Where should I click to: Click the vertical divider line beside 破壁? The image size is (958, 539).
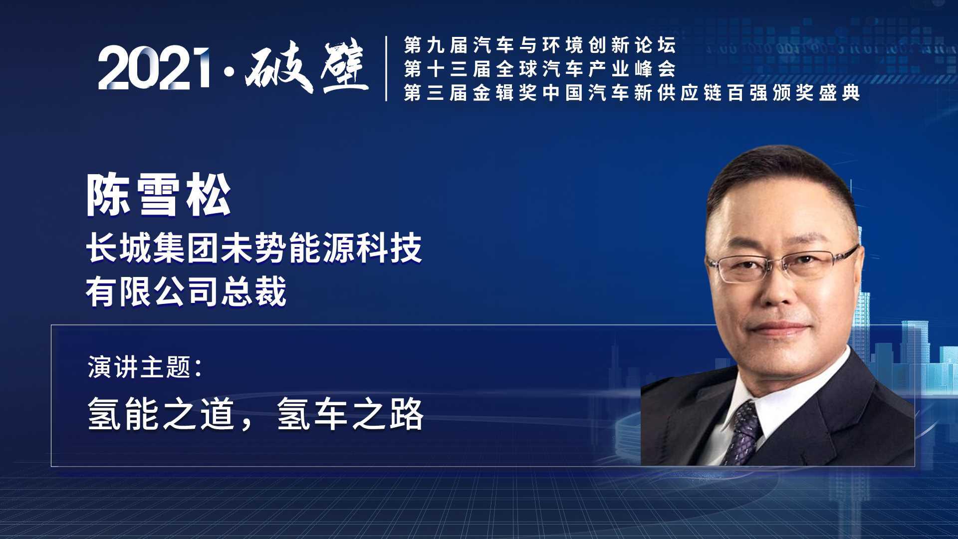tap(387, 68)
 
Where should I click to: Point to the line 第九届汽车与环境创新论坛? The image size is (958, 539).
tap(540, 45)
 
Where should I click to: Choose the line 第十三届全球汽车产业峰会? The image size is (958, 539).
tap(540, 69)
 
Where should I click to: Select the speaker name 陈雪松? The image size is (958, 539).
tap(159, 196)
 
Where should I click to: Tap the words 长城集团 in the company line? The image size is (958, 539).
tap(153, 248)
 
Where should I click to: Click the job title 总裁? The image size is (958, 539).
tap(253, 291)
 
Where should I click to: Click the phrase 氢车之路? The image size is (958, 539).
tap(350, 414)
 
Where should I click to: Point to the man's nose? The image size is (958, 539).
tap(776, 292)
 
